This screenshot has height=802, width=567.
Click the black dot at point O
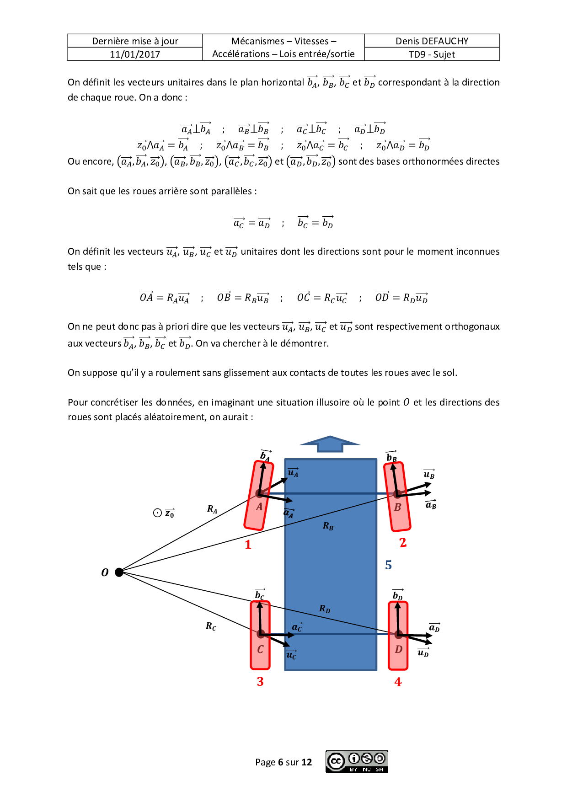119,572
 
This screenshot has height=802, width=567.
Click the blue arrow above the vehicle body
330,444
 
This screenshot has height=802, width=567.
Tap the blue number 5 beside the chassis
388,565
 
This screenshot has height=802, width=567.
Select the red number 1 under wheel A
248,545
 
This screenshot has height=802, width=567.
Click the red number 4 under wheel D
398,682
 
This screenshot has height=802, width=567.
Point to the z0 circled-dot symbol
158,513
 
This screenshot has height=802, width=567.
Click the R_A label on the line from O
212,509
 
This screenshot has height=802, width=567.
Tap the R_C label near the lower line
211,626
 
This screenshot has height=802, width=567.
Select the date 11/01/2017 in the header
135,54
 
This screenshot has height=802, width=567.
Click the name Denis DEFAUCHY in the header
432,41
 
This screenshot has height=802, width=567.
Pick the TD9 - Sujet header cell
432,54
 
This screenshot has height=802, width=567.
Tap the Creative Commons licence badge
357,761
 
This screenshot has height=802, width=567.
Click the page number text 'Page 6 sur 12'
283,762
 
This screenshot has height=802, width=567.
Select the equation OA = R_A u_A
164,298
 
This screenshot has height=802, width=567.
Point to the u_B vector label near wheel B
429,474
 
